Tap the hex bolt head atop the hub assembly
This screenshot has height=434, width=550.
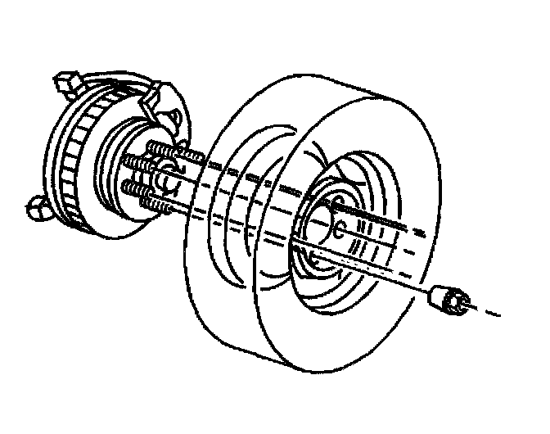tap(65, 83)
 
